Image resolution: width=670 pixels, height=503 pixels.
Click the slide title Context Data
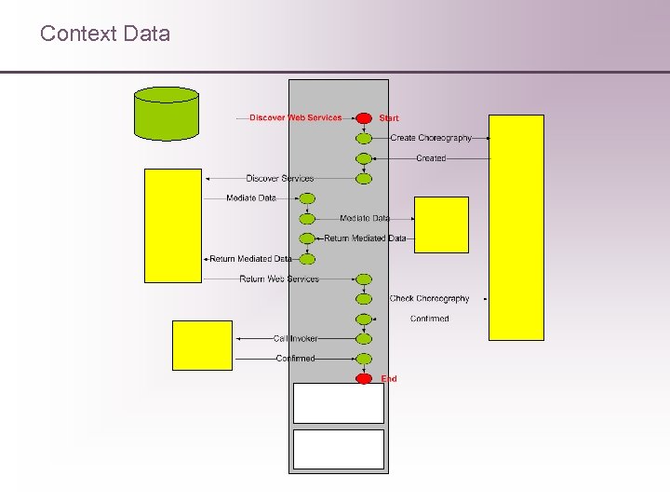point(105,34)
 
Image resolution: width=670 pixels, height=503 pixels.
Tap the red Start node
point(364,118)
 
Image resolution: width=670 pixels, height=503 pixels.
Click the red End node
point(364,378)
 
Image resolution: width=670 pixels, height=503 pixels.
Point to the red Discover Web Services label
point(295,118)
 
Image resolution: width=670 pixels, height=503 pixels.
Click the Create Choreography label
point(431,138)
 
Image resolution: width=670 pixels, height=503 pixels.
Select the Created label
point(431,158)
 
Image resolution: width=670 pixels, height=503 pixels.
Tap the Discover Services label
point(280,178)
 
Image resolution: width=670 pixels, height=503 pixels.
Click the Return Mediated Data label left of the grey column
point(250,259)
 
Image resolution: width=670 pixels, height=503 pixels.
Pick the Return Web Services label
point(279,279)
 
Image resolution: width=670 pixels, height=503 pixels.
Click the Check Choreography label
point(429,299)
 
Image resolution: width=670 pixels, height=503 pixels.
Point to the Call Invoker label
point(295,339)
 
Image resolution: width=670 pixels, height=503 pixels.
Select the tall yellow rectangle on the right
point(516,227)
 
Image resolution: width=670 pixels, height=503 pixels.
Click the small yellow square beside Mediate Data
point(441,224)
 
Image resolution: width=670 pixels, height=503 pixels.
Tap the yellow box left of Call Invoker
point(202,345)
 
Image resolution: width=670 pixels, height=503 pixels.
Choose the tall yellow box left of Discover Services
point(173,224)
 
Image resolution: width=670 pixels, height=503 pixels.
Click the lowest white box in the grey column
point(339,449)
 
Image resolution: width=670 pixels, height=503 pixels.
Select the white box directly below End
point(339,403)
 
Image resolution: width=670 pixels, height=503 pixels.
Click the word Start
point(389,118)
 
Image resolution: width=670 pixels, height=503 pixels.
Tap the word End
point(389,379)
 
